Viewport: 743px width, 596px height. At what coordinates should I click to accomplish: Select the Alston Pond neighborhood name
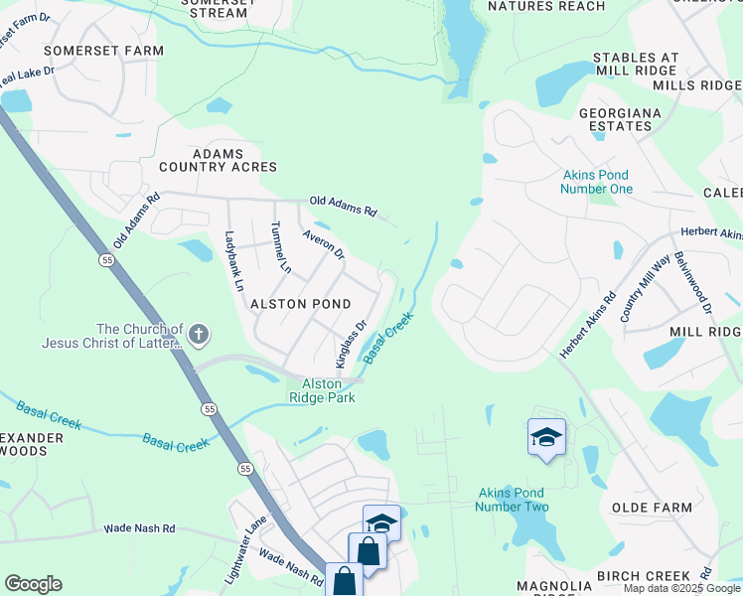(299, 303)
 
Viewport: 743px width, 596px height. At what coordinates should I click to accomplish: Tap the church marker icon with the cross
(199, 334)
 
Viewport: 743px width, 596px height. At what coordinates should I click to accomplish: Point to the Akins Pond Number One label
(596, 182)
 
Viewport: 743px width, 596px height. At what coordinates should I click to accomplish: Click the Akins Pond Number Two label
(513, 500)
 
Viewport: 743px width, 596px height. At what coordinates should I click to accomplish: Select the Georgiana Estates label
(621, 120)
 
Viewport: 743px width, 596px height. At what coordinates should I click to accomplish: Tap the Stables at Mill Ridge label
(651, 65)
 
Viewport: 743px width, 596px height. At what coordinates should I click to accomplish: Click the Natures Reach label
(546, 7)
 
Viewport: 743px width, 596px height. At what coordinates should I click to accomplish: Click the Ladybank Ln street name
(233, 260)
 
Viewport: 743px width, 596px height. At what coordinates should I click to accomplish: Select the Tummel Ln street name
(280, 248)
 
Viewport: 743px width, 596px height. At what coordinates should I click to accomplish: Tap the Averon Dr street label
(324, 245)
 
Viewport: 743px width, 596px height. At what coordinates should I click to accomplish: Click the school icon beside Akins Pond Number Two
(545, 437)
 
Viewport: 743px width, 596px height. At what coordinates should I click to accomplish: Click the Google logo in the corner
(34, 584)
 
